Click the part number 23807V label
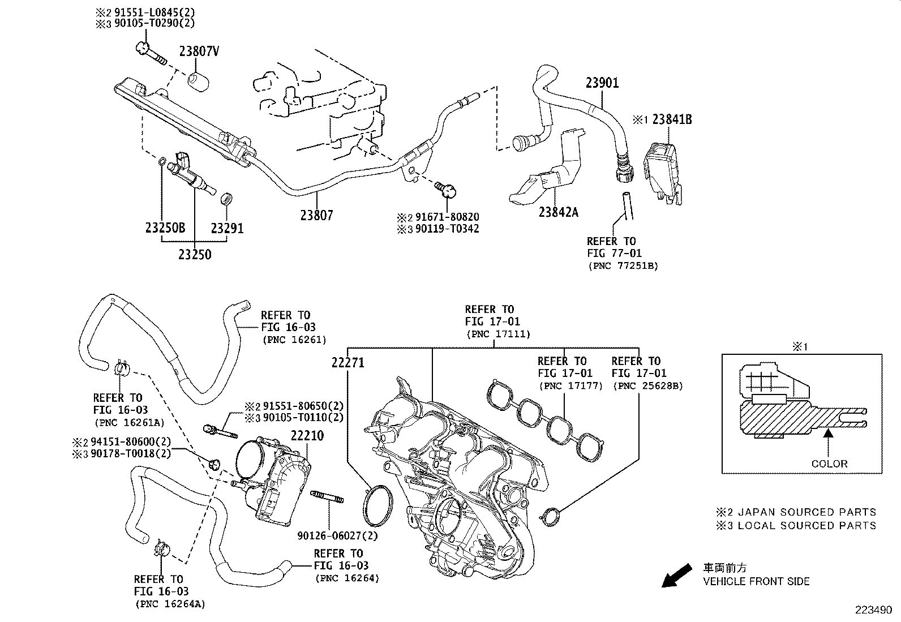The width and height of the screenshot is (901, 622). (x=199, y=51)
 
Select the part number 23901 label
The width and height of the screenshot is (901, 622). (x=602, y=83)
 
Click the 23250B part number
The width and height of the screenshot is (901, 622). (x=165, y=228)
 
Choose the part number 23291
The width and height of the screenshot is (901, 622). (x=227, y=228)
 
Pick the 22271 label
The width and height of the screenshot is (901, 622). (x=347, y=363)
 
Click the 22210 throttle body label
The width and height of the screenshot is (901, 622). (x=307, y=436)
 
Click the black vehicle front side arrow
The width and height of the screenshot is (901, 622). (x=676, y=576)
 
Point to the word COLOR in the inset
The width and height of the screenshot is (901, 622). (x=829, y=464)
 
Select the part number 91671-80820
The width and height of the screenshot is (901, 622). (x=446, y=217)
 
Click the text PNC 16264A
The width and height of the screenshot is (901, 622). (x=170, y=604)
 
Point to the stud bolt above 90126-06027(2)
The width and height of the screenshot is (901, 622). (x=327, y=496)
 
